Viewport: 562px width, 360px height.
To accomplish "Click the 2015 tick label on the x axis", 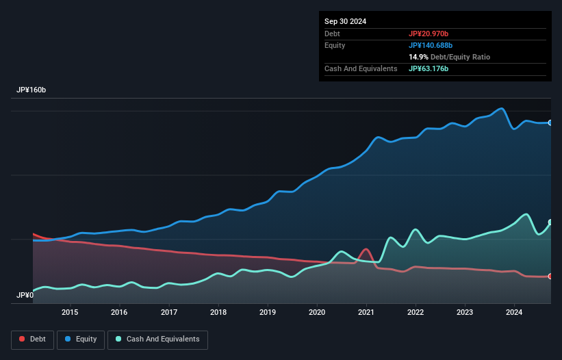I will click(70, 313).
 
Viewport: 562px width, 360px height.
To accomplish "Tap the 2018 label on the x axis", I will click(218, 313).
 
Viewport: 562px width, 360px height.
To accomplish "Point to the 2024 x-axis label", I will click(515, 313).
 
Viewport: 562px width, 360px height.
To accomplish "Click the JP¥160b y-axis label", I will click(31, 90).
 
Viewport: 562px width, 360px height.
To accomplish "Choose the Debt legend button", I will click(33, 339).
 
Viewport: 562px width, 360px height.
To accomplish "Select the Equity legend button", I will click(81, 339).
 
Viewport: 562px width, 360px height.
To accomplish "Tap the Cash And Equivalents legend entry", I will click(157, 339).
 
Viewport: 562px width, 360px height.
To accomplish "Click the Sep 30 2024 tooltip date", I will click(346, 21).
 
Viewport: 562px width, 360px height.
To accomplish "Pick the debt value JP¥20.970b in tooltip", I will click(429, 34).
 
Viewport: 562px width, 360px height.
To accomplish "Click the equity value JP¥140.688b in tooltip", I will click(431, 45).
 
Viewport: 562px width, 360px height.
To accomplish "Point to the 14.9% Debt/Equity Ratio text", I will click(449, 57).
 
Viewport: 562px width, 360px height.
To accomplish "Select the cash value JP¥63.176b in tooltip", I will click(429, 68).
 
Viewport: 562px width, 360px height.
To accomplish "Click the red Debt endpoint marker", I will click(550, 277).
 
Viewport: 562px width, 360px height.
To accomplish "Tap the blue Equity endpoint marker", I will click(550, 123).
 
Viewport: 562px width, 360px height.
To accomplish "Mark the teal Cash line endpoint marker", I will click(550, 222).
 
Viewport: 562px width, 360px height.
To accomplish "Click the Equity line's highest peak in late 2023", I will click(502, 108).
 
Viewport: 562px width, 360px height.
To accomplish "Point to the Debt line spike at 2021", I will click(367, 249).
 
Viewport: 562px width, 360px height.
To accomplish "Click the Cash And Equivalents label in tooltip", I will click(361, 68).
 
